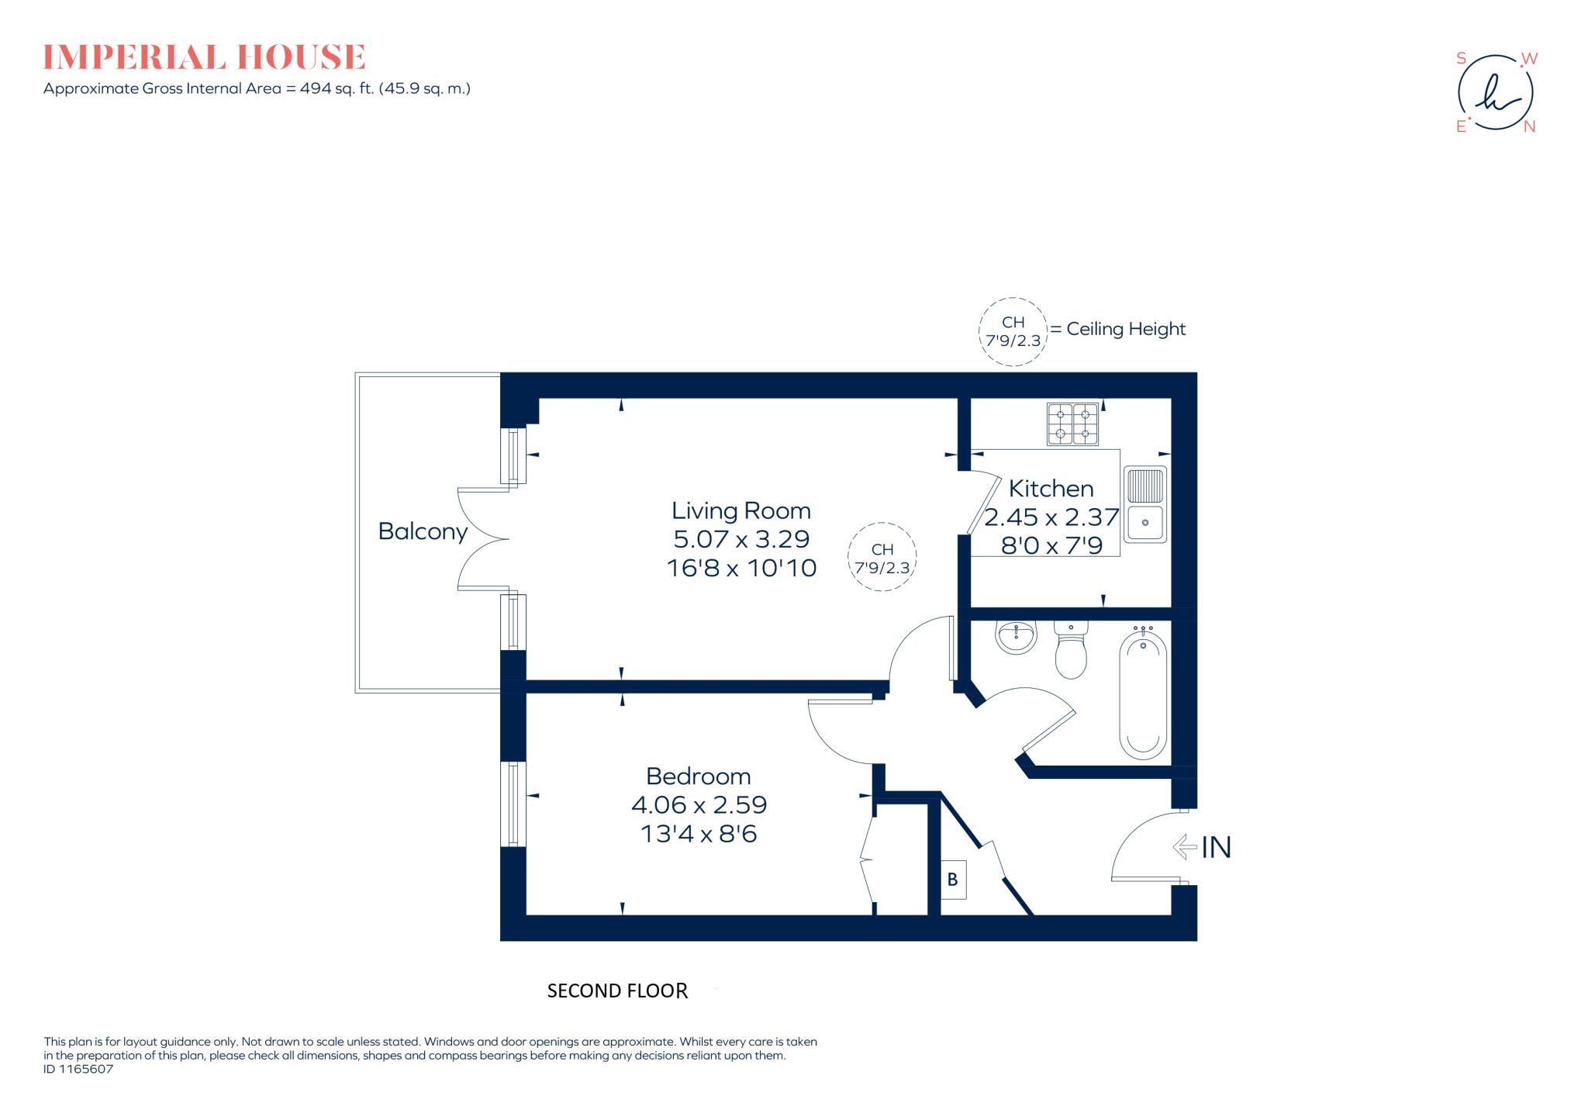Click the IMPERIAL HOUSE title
pos(204,57)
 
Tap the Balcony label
pos(423,531)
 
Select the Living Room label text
pos(741,510)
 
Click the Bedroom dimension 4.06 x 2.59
pos(699,804)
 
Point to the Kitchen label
pos(1051,489)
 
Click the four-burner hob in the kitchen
pos(1073,424)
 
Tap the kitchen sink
pos(1145,504)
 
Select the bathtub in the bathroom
pos(1143,696)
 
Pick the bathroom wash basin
pos(1016,638)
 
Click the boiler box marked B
pos(953,880)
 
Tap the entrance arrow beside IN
pos(1185,846)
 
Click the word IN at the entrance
pos(1216,847)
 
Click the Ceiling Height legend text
pos(1126,329)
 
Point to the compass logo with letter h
pos(1496,93)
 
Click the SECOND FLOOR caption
pos(617,991)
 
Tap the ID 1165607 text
pos(78,1069)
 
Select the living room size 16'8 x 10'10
pos(741,568)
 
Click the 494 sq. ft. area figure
pos(337,88)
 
